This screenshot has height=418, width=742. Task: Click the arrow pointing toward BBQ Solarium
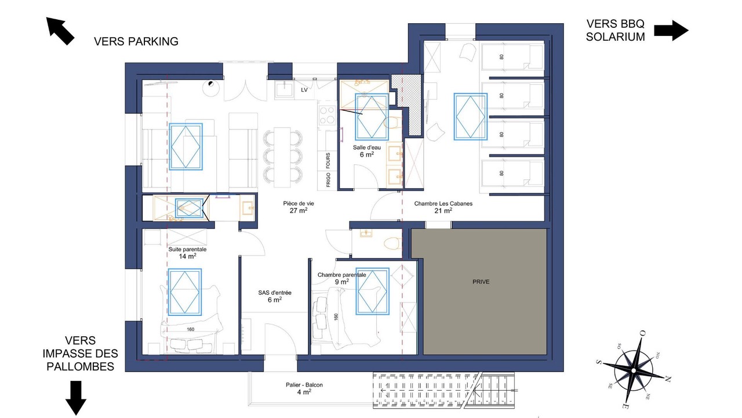(671, 31)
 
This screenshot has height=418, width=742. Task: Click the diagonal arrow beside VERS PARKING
(60, 31)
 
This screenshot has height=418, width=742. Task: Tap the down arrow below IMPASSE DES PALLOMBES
(76, 398)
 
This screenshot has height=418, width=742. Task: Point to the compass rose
(634, 370)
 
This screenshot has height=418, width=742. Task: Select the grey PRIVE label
(481, 282)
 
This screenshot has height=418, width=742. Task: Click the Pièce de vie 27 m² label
(299, 207)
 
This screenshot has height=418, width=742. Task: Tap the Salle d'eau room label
(367, 151)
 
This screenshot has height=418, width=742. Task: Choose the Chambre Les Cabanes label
(443, 207)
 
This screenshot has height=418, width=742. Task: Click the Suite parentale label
(187, 253)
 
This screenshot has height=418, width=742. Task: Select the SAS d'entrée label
(275, 296)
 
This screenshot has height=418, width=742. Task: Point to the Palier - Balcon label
(304, 388)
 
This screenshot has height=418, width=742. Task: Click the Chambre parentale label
(342, 278)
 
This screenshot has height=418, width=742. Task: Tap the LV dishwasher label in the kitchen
(304, 90)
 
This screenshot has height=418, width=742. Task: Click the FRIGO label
(328, 180)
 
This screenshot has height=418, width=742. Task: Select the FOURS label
(328, 161)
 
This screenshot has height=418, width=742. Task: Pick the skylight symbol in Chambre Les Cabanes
(470, 117)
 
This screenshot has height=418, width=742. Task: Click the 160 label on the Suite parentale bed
(191, 329)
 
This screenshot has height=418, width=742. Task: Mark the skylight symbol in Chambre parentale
(372, 291)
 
